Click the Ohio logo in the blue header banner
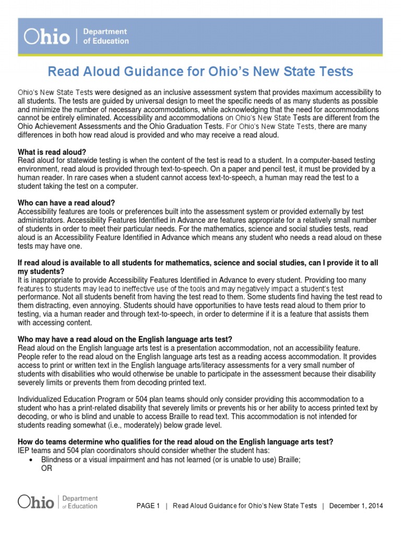47,37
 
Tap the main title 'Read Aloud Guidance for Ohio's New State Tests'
200,71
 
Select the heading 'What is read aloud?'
52,152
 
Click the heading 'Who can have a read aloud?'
66,202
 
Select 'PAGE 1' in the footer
148,506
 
